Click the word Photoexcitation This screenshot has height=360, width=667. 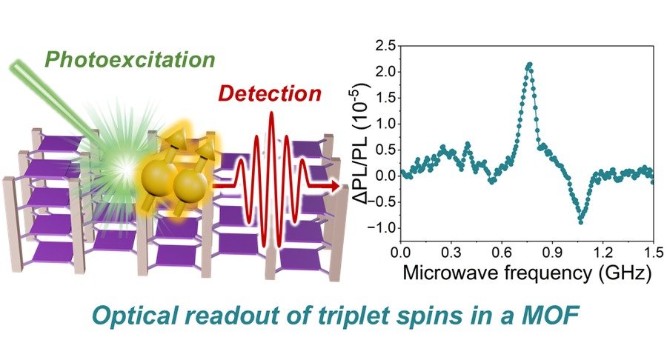coord(130,60)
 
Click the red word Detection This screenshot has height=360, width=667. coord(270,94)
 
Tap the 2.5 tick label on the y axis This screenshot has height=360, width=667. coord(385,45)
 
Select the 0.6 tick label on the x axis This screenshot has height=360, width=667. coord(502,253)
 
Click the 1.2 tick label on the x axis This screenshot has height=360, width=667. coord(603,253)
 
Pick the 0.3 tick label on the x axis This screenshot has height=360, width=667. coord(451,253)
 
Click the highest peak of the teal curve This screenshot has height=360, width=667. coord(529,64)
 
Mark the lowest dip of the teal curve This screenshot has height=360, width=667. coord(580,222)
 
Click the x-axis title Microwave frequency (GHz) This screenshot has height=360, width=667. coord(527,273)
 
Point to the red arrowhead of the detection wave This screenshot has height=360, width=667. coord(334,186)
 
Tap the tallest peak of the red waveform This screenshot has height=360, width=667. coord(271,115)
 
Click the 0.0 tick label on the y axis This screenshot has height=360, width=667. coord(385,176)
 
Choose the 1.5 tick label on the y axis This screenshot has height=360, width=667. coord(385,98)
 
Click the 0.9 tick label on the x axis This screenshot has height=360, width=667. coord(552,253)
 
